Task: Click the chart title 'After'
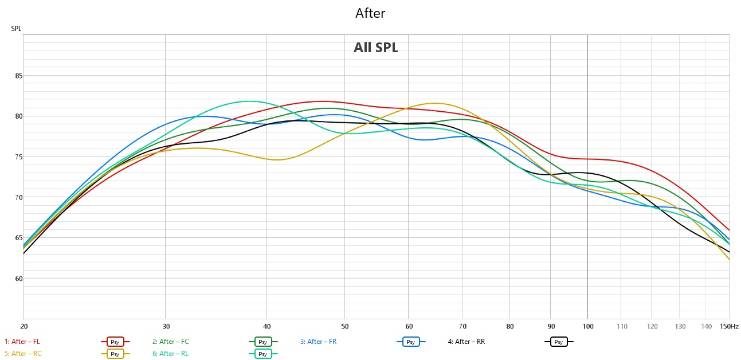tap(370, 13)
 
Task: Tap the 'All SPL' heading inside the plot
tap(375, 48)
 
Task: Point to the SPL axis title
tap(16, 29)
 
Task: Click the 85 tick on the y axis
tap(19, 76)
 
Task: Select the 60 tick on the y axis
tap(19, 279)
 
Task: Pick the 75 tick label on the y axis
tap(19, 157)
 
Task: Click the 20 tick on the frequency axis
tap(24, 327)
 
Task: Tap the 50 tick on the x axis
tap(344, 327)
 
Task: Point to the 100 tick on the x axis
tap(588, 327)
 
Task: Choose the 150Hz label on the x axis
tap(729, 327)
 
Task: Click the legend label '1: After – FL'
tap(22, 342)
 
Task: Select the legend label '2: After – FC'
tap(171, 342)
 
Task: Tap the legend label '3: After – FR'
tap(318, 342)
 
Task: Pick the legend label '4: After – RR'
tap(466, 342)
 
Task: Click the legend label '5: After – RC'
tap(23, 354)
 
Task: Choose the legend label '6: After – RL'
tap(170, 354)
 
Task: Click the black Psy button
tap(559, 342)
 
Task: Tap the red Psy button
tap(115, 342)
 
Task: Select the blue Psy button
tap(411, 342)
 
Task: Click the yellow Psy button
tap(115, 354)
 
